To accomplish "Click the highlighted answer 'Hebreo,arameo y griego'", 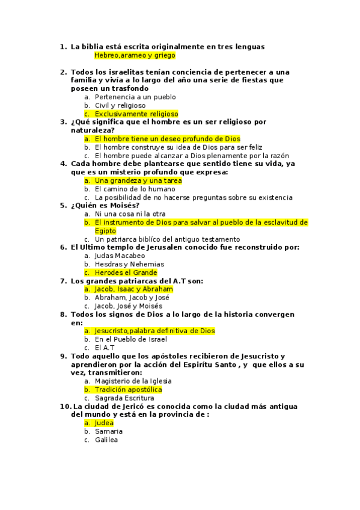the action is (x=135, y=55).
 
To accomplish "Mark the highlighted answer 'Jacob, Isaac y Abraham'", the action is (x=133, y=289).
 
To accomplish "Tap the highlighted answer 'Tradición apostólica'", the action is (x=128, y=390).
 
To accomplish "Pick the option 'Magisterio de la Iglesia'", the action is (x=133, y=381).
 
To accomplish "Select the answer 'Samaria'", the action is (x=109, y=431).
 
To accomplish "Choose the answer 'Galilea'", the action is (x=106, y=440).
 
